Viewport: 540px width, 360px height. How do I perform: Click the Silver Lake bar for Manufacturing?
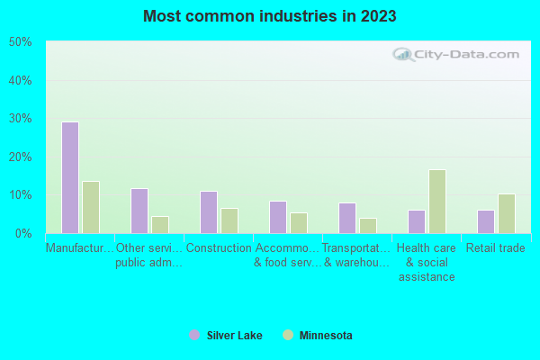pos(69,177)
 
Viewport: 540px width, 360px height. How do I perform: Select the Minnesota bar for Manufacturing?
pos(90,207)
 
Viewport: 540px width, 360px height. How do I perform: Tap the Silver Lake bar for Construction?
pos(208,211)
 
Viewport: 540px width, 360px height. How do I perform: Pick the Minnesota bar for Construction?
pos(229,220)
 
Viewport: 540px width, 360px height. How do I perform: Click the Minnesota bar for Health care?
pos(437,202)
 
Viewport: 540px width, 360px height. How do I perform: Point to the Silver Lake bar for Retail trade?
pos(486,221)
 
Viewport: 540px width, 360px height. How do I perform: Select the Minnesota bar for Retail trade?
pos(507,213)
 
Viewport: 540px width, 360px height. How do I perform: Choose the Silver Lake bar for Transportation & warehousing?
pos(347,218)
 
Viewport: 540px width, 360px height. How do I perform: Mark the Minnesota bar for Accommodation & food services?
pos(299,222)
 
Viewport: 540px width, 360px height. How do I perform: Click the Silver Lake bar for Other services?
pos(139,211)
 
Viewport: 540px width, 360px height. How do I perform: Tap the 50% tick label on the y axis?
pos(21,42)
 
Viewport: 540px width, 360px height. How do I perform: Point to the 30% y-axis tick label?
pos(21,119)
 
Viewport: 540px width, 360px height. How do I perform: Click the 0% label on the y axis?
pos(24,233)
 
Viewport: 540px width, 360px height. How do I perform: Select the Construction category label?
pos(219,248)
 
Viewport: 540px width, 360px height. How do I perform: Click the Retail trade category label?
pos(496,248)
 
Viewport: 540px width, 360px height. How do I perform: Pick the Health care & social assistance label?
pos(427,263)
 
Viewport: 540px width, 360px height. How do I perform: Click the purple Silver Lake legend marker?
pos(194,335)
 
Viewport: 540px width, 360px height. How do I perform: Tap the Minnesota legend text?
pos(326,336)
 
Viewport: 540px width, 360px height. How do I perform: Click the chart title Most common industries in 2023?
pos(270,16)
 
